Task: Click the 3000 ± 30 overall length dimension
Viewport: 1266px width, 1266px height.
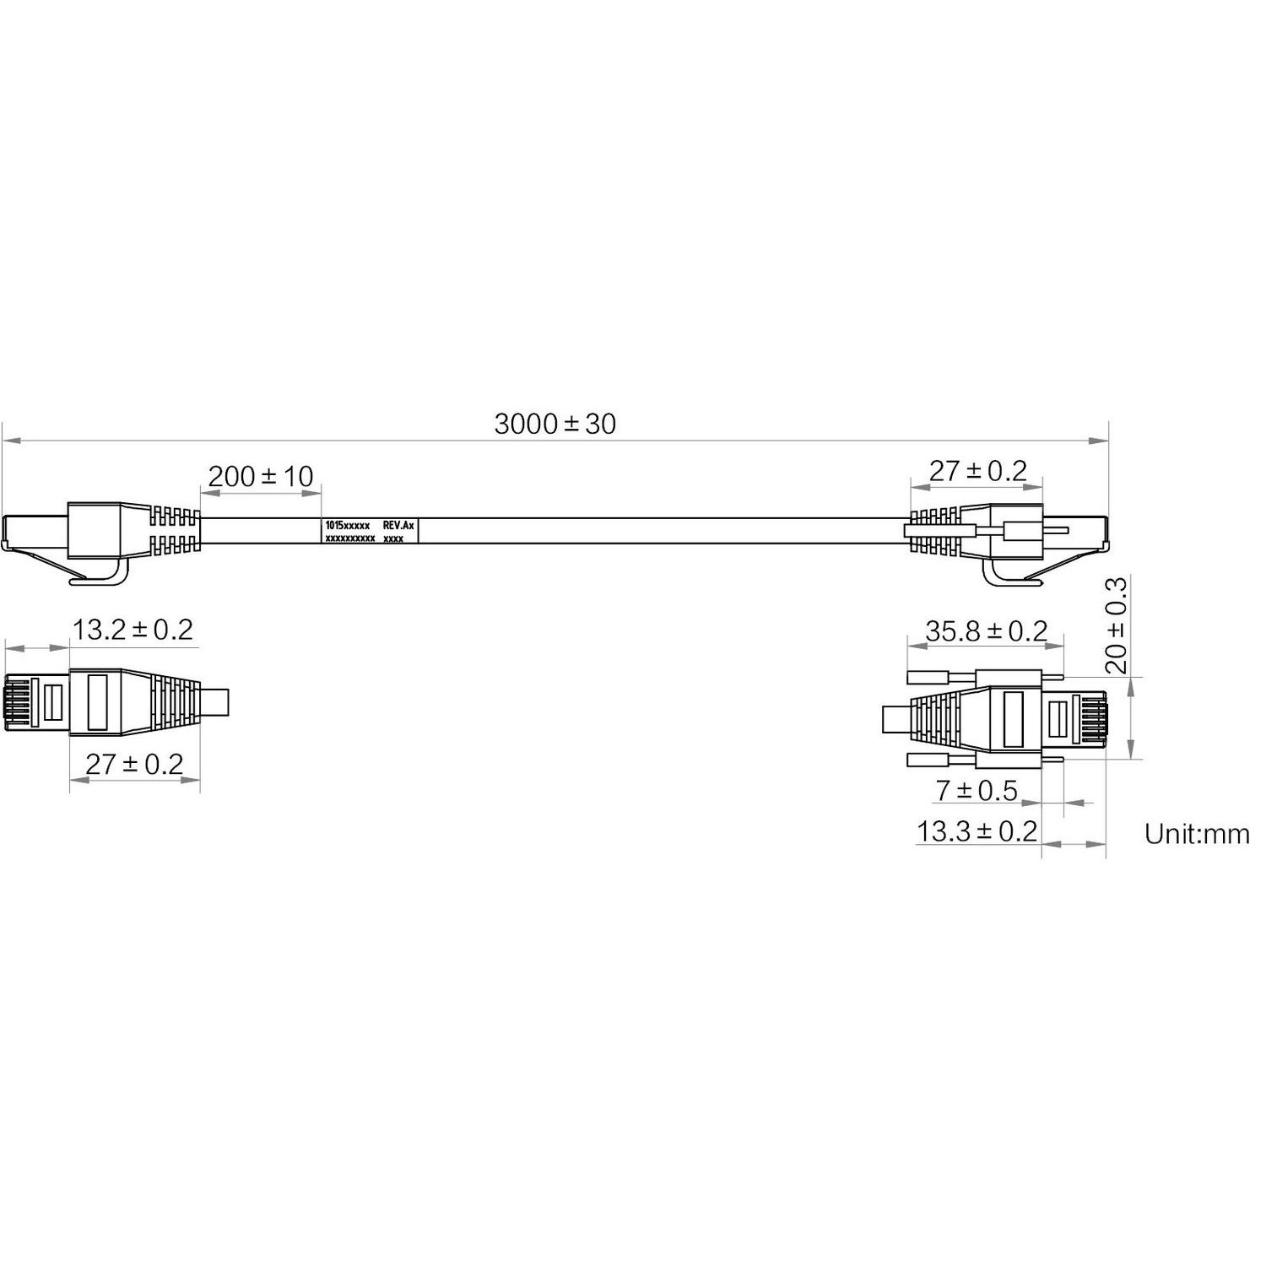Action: pos(555,423)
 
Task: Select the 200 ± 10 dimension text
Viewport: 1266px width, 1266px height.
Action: pos(261,476)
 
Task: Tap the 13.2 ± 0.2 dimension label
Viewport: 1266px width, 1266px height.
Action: pos(133,629)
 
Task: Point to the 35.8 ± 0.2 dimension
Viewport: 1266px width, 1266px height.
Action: pos(987,630)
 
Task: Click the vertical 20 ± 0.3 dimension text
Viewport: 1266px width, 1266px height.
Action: pos(1116,625)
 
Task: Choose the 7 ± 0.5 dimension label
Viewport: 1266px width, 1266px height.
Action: pos(977,791)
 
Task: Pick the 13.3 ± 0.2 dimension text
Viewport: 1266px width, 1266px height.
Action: pos(977,831)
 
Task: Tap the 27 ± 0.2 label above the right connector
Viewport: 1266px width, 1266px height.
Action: pos(978,470)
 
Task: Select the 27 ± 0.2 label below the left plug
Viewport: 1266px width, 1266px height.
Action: pos(134,764)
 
